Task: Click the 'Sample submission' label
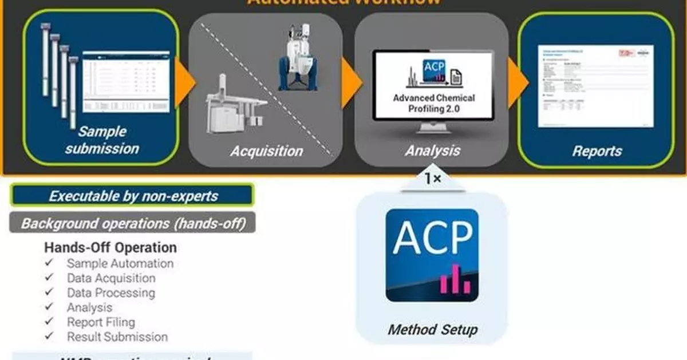click(x=101, y=140)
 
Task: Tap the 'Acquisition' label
click(x=266, y=151)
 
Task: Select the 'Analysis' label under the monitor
click(x=432, y=151)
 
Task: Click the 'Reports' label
click(x=597, y=151)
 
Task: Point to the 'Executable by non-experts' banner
click(x=132, y=196)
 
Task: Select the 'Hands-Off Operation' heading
click(x=110, y=248)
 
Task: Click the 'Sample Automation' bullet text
click(x=120, y=264)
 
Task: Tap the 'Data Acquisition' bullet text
click(x=111, y=278)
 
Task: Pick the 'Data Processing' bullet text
click(x=110, y=293)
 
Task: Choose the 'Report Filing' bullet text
click(x=101, y=322)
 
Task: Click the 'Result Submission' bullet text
click(x=117, y=337)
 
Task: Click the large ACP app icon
click(x=432, y=255)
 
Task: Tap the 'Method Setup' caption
click(x=432, y=330)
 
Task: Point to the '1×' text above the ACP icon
click(x=432, y=179)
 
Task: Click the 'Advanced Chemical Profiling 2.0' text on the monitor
click(x=433, y=102)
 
